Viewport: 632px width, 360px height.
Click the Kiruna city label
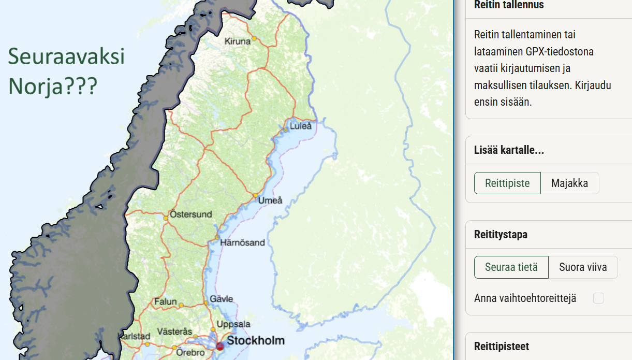tap(237, 41)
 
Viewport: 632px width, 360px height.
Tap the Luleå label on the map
tap(301, 126)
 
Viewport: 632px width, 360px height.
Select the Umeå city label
tap(270, 200)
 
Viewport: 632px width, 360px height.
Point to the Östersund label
tap(190, 214)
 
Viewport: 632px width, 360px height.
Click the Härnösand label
tap(242, 242)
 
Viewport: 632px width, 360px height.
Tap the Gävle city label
tap(221, 299)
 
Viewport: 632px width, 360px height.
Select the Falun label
tap(165, 301)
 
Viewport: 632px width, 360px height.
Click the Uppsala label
tap(233, 324)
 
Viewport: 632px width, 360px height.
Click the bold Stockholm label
tap(256, 340)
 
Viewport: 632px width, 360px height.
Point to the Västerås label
tap(174, 332)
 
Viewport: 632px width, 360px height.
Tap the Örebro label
tap(190, 352)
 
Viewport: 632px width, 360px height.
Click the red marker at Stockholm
tap(219, 345)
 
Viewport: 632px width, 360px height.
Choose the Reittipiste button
tap(507, 183)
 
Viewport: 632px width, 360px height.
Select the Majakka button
tap(569, 183)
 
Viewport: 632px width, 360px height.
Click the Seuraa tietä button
tap(511, 267)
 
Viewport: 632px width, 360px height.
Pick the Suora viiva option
tap(583, 267)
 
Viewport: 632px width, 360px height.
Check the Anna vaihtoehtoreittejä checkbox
tap(598, 298)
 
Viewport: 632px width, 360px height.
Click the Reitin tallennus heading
tap(509, 5)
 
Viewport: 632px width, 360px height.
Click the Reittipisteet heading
tap(501, 347)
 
